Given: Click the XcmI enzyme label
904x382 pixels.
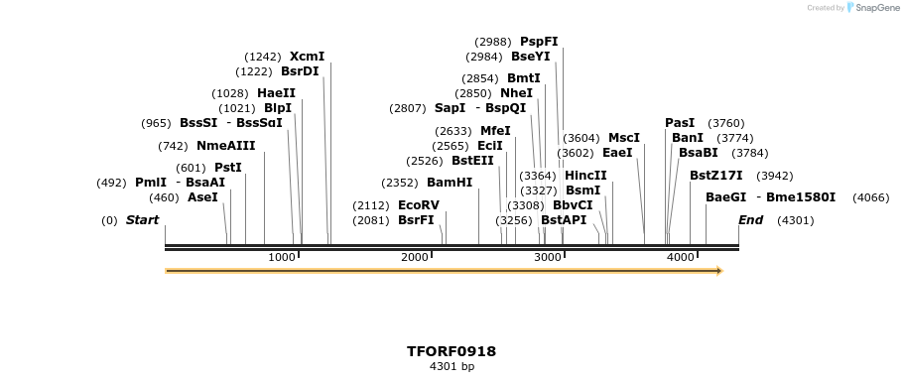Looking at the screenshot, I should (307, 57).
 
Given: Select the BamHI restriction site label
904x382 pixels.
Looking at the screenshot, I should (450, 183).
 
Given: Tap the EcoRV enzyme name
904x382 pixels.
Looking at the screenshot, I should (418, 205).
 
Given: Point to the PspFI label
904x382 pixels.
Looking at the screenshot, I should (539, 42).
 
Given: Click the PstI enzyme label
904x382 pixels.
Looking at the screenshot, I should (228, 168).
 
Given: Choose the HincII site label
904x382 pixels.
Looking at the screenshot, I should (585, 176).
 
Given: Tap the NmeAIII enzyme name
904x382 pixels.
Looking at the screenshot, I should (225, 146).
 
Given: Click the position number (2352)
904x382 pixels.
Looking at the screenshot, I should (400, 183).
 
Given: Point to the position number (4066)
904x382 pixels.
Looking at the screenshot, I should (871, 197).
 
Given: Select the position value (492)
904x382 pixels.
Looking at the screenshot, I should (111, 183).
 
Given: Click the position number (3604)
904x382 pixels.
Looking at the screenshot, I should (581, 138).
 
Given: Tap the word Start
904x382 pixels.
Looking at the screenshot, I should (142, 220).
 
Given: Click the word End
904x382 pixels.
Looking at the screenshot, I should (750, 220).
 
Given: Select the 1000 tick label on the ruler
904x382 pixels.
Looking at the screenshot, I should (282, 258).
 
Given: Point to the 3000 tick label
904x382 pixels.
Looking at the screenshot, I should (548, 258).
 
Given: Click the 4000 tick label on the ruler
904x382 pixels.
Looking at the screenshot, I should (680, 258).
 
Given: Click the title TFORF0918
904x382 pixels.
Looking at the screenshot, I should (452, 351).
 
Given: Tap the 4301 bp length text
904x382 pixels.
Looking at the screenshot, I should (452, 367).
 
